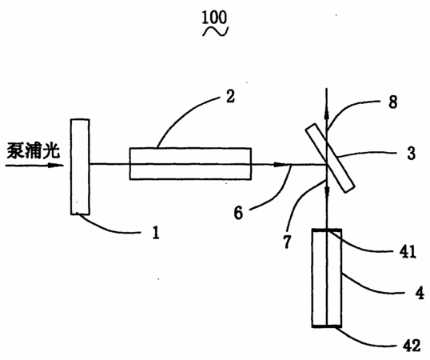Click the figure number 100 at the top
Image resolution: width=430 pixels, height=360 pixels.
214,18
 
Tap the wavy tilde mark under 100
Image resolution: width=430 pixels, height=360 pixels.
215,31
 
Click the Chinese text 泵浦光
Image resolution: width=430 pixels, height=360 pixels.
34,150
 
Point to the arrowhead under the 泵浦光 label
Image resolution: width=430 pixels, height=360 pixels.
56,165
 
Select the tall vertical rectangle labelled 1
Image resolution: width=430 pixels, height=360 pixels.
80,166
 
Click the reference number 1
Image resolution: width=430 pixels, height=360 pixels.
156,233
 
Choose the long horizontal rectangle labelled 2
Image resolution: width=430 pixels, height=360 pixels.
190,164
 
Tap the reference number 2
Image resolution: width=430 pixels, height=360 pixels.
230,97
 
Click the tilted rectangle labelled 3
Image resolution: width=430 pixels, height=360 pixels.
330,158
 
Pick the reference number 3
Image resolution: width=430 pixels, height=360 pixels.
411,153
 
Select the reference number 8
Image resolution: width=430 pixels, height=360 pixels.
393,102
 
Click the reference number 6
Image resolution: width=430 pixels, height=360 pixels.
238,213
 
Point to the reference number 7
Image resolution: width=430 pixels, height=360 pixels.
287,242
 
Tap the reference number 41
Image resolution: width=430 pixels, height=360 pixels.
408,251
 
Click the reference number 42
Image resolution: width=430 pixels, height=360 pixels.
412,345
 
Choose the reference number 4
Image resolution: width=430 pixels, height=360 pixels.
420,293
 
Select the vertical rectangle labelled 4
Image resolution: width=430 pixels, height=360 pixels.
327,278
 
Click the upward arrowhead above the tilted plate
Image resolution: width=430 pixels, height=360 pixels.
326,113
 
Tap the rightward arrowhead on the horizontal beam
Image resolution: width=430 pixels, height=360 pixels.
281,165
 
